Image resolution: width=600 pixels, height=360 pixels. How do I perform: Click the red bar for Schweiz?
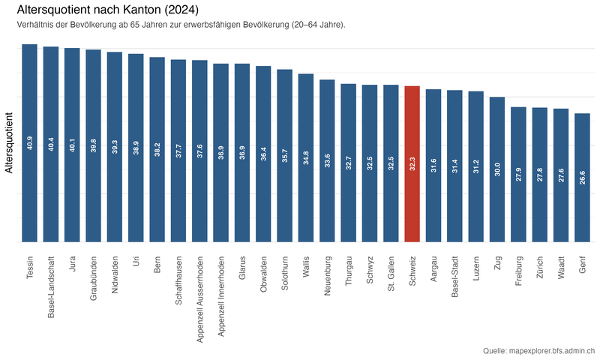[x=412, y=164]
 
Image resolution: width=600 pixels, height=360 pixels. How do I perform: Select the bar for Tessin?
[x=29, y=143]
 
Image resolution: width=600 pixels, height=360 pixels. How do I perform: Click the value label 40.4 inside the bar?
[x=51, y=143]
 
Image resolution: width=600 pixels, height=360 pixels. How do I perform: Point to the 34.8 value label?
[x=306, y=157]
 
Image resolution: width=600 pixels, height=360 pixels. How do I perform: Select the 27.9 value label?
[x=518, y=174]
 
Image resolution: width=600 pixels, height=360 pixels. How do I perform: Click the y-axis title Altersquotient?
[x=9, y=142]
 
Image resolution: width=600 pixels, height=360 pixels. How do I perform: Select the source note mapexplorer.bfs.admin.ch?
[x=539, y=350]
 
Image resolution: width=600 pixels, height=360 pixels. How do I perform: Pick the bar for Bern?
[x=157, y=149]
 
